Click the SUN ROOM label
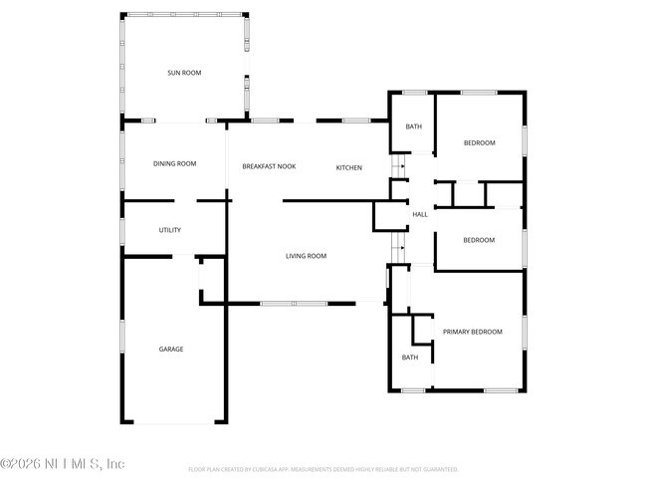click(184, 73)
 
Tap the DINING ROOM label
click(174, 164)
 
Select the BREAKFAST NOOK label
click(269, 166)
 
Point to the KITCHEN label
click(348, 166)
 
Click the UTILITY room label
click(170, 230)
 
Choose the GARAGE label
click(171, 349)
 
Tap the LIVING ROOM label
click(306, 256)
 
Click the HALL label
click(420, 214)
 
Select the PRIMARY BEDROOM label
click(473, 332)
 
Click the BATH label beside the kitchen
click(413, 126)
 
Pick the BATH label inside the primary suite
click(410, 357)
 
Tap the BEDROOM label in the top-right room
click(479, 143)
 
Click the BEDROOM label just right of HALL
click(479, 240)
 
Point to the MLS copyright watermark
click(63, 464)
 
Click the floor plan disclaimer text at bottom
click(323, 468)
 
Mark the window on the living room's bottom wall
click(294, 303)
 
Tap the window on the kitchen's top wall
click(356, 121)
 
